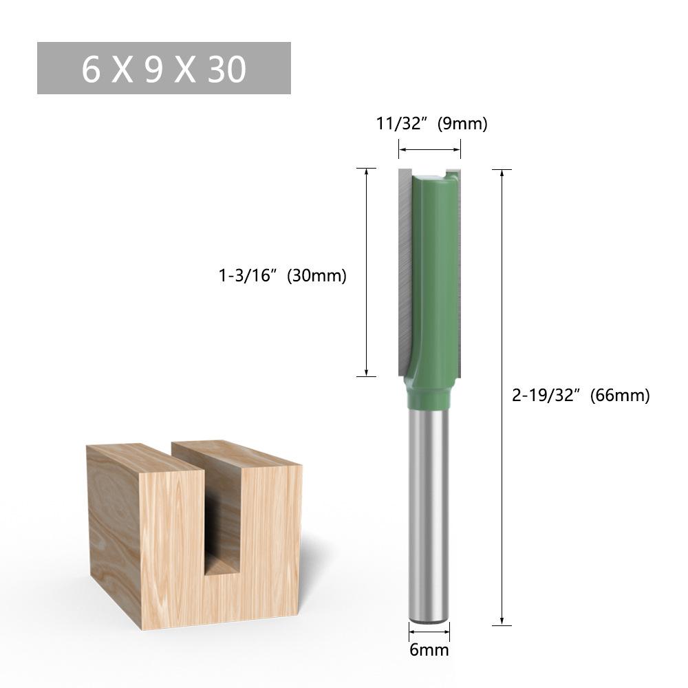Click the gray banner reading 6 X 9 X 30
[x=164, y=68]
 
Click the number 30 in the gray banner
[x=226, y=69]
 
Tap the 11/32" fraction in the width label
[x=402, y=124]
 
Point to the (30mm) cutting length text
[x=316, y=276]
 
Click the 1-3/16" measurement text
[x=247, y=276]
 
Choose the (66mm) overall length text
[x=619, y=396]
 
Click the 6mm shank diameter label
[x=429, y=649]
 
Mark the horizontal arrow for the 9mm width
[x=429, y=149]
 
